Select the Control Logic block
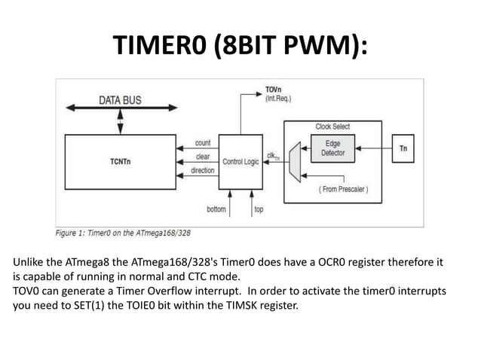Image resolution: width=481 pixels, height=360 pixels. click(240, 161)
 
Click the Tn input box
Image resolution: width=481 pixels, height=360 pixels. click(403, 148)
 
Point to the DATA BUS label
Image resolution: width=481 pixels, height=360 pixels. click(120, 100)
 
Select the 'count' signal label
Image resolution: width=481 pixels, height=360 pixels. click(203, 142)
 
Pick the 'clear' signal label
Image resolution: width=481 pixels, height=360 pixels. click(203, 157)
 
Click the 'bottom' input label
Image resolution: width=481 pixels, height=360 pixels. click(216, 209)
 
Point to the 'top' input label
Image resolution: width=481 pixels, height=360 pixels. click(259, 209)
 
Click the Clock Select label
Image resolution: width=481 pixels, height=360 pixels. click(332, 126)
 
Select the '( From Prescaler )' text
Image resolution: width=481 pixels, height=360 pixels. click(342, 189)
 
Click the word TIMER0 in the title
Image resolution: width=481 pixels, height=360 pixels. click(159, 47)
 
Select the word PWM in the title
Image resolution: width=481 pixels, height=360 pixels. click(323, 47)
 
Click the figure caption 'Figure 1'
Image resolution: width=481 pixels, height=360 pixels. click(75, 232)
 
